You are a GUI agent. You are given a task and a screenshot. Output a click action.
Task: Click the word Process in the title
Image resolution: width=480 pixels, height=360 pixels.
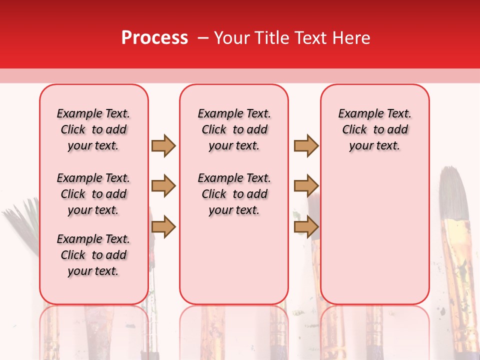[154, 38]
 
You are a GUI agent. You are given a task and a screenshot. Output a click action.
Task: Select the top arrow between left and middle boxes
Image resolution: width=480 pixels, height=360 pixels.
[163, 145]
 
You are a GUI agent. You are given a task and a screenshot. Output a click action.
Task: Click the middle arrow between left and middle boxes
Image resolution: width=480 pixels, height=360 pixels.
[163, 186]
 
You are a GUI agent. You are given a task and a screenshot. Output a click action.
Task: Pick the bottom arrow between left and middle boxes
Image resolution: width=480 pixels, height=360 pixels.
[163, 226]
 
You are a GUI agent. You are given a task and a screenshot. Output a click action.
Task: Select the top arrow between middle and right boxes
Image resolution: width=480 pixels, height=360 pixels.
[306, 145]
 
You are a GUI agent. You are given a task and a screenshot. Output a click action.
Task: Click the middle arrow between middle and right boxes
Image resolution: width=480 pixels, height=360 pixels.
[306, 186]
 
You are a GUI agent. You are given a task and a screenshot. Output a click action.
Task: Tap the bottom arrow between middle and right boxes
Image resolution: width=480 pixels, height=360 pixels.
[306, 226]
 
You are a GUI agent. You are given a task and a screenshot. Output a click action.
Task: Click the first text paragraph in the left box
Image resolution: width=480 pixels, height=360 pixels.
[93, 129]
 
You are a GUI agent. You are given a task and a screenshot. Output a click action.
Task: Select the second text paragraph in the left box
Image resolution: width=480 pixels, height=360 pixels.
[93, 194]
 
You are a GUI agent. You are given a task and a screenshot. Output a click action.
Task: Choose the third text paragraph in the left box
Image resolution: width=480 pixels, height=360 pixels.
[93, 255]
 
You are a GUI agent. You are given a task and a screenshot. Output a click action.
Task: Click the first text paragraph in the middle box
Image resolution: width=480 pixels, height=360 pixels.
[234, 129]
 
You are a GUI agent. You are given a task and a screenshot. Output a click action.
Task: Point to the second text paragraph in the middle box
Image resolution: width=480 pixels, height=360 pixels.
[234, 194]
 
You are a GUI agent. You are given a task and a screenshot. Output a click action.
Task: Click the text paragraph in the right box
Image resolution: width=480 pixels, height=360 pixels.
[374, 129]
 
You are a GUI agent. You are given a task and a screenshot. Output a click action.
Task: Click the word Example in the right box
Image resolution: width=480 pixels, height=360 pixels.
[357, 114]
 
